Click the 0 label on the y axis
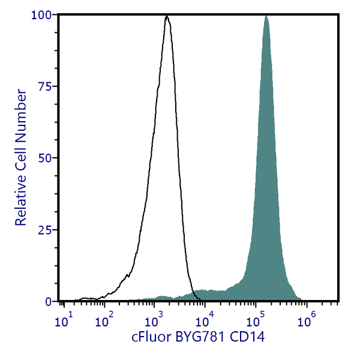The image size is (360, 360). pos(49,301)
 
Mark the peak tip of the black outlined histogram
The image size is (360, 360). pos(167,16)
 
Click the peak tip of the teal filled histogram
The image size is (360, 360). pos(266,16)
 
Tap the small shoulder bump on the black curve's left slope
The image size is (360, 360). pos(127,275)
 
